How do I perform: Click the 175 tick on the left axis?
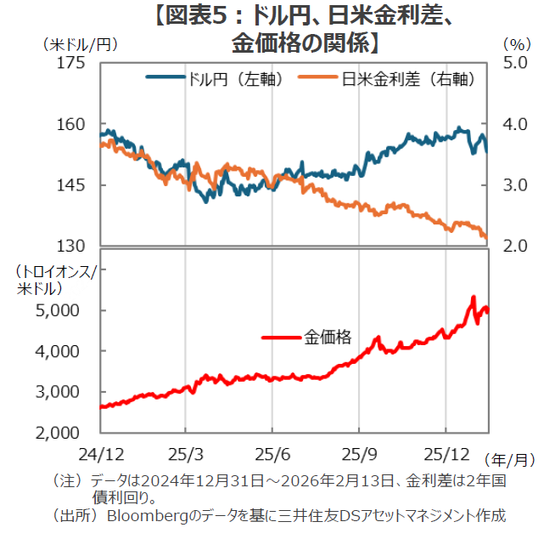71,63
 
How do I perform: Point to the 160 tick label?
71,124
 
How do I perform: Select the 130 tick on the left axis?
71,246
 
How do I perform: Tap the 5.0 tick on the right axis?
515,63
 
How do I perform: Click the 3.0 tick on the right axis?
515,185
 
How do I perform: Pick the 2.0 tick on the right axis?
515,246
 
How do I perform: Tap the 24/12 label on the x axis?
101,450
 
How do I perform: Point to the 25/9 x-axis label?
360,450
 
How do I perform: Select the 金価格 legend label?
328,338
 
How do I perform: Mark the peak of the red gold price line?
473,298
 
